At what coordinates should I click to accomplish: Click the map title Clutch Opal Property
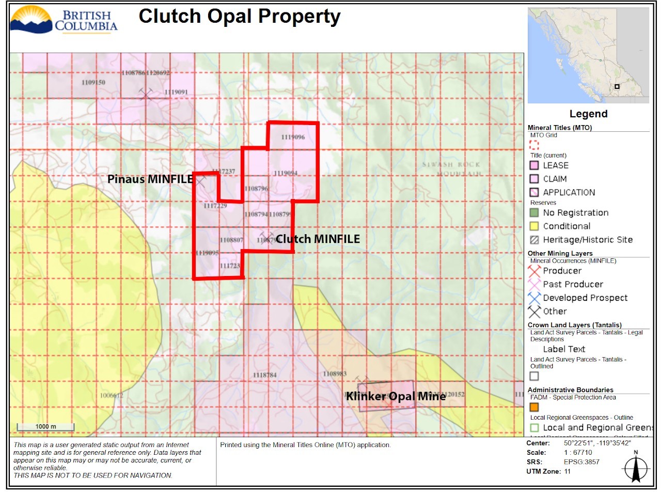tap(240, 17)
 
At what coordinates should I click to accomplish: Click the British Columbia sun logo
tap(31, 19)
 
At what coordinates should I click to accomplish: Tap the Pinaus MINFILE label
tap(150, 179)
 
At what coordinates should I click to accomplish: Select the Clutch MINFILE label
tap(318, 239)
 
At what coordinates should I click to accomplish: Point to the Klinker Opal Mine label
tap(395, 396)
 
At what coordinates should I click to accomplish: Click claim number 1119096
tap(293, 137)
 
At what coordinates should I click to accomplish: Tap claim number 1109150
tap(93, 83)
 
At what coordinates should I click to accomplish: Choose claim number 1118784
tap(265, 375)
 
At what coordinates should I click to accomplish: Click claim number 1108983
tap(335, 374)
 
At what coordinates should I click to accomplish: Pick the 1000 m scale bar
tap(45, 427)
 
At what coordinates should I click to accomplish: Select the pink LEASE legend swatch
tap(534, 165)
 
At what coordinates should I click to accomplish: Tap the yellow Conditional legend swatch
tap(534, 226)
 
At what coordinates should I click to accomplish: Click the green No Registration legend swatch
tap(534, 213)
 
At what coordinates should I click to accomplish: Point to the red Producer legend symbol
tap(534, 271)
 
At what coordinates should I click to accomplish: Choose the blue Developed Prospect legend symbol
tap(534, 298)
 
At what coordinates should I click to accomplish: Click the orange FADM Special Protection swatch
tap(534, 407)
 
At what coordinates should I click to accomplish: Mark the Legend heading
tap(588, 114)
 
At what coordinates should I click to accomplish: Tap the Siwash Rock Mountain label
tap(451, 169)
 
